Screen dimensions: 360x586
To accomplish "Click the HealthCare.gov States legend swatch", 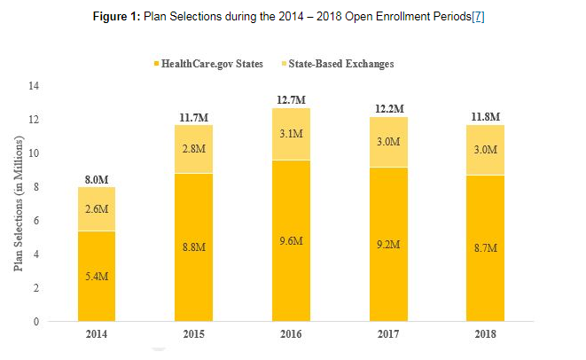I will (x=158, y=64).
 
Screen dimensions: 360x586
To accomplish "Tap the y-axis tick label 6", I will (x=37, y=221).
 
